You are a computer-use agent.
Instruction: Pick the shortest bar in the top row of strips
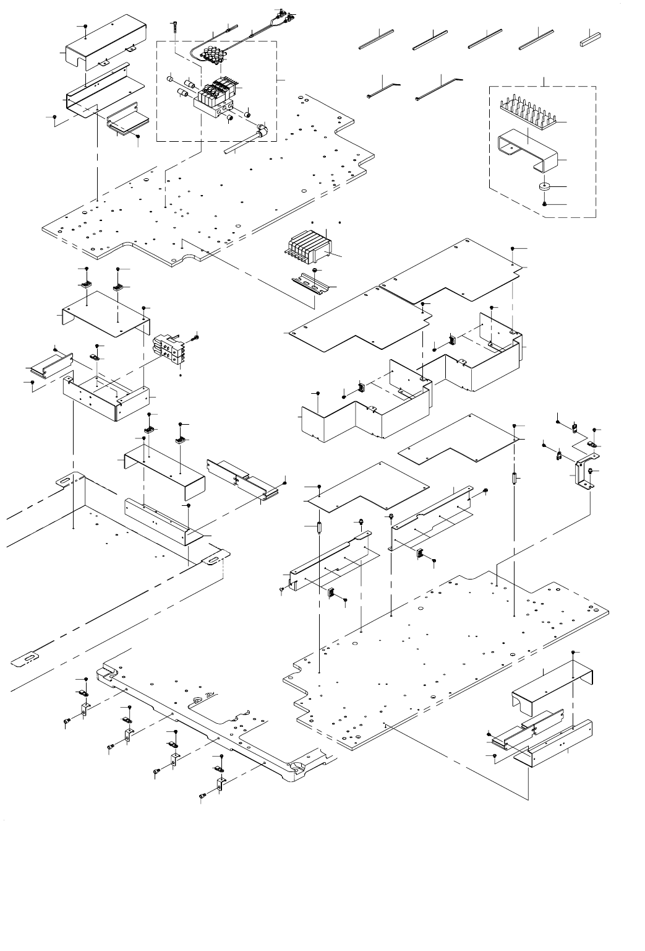click(591, 41)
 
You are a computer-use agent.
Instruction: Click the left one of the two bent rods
click(383, 89)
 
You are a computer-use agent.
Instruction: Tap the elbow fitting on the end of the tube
click(262, 131)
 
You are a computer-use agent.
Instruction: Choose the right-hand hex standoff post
click(515, 479)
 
